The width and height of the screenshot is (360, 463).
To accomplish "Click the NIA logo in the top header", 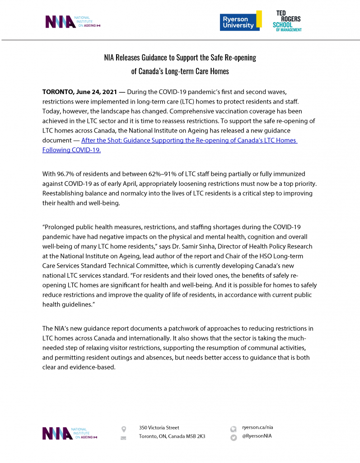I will [x=72, y=22].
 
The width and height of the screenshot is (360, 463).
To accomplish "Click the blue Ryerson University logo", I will [x=240, y=21].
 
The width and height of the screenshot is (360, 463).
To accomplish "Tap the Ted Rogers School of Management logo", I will [x=287, y=21].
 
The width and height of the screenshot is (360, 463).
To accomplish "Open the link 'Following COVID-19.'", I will [x=71, y=150].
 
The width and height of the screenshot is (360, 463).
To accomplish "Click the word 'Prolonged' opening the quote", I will [x=61, y=227].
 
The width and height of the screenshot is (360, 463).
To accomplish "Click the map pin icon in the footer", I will [x=123, y=429].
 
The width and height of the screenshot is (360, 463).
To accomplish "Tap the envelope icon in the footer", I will [x=123, y=438].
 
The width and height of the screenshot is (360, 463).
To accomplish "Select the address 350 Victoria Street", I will [x=159, y=427].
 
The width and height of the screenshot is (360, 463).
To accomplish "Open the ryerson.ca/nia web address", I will [x=257, y=427].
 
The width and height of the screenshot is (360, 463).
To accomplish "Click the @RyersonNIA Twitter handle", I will [x=257, y=436].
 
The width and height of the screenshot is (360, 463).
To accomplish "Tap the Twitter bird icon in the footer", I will [x=234, y=438].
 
